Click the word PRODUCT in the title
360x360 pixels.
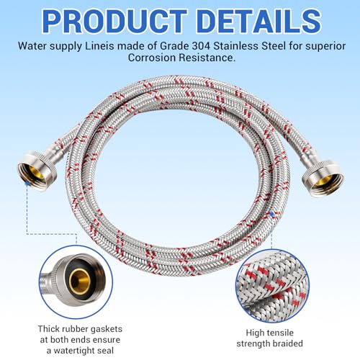tap(114, 21)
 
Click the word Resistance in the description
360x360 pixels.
tap(208, 58)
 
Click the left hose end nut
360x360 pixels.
tap(37, 170)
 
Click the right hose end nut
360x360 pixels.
tap(323, 178)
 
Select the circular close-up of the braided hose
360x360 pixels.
tap(272, 286)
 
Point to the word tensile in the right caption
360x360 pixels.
tap(279, 333)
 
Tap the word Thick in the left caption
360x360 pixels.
tap(49, 328)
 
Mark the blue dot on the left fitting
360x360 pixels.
tap(27, 183)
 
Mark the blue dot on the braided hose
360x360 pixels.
tap(271, 213)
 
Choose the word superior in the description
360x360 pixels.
tap(325, 47)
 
